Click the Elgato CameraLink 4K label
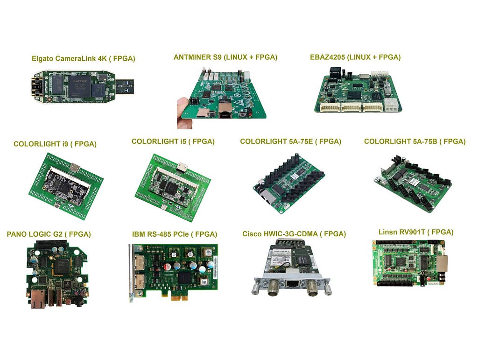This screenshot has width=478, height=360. pyautogui.click(x=83, y=58)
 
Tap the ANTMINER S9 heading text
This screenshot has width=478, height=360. pyautogui.click(x=225, y=57)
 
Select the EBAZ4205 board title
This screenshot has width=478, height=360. pyautogui.click(x=355, y=57)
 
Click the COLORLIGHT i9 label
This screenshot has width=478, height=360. pyautogui.click(x=55, y=144)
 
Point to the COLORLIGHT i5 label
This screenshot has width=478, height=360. pyautogui.click(x=173, y=141)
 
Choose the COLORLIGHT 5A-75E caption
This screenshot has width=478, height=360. pyautogui.click(x=290, y=141)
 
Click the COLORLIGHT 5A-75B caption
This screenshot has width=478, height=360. pyautogui.click(x=415, y=141)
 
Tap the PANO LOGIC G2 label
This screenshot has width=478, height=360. pyautogui.click(x=49, y=234)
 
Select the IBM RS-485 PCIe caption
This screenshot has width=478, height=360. pyautogui.click(x=175, y=234)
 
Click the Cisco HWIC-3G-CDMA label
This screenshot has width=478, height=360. pyautogui.click(x=294, y=234)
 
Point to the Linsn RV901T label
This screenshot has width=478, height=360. pyautogui.click(x=416, y=232)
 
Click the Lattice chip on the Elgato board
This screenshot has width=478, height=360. pyautogui.click(x=79, y=85)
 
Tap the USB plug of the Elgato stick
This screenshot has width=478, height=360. pyautogui.click(x=124, y=86)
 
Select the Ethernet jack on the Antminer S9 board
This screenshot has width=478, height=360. pyautogui.click(x=225, y=111)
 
